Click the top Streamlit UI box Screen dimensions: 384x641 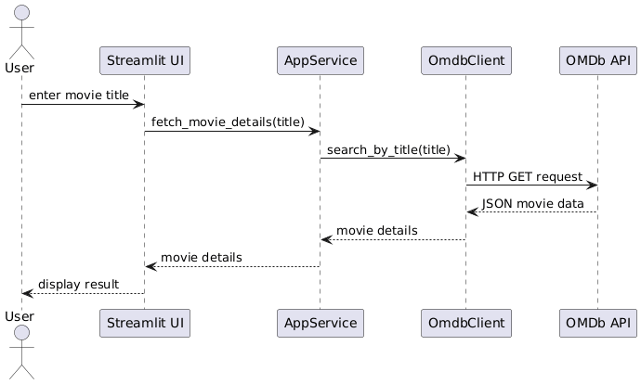tap(144, 61)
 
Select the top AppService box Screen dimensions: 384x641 tap(320, 61)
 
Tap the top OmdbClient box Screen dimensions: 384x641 tap(465, 61)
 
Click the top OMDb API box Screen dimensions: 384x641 tap(597, 61)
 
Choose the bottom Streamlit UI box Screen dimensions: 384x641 tap(144, 323)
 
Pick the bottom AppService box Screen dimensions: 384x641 tap(320, 323)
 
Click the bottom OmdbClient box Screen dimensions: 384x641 tap(465, 323)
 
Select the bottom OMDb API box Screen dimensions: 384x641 tap(597, 323)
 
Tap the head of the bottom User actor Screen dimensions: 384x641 tap(20, 333)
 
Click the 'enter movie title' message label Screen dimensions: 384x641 tap(79, 96)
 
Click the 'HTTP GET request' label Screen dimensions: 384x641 tap(527, 176)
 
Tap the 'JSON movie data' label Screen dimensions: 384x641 tap(532, 203)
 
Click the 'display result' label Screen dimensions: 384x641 tap(78, 284)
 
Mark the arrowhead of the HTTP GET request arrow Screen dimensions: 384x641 tap(592, 186)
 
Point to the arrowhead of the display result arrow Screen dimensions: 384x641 tap(26, 293)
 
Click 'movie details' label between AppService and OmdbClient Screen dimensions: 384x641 tap(376, 230)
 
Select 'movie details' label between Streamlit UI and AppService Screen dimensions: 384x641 tap(201, 257)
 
